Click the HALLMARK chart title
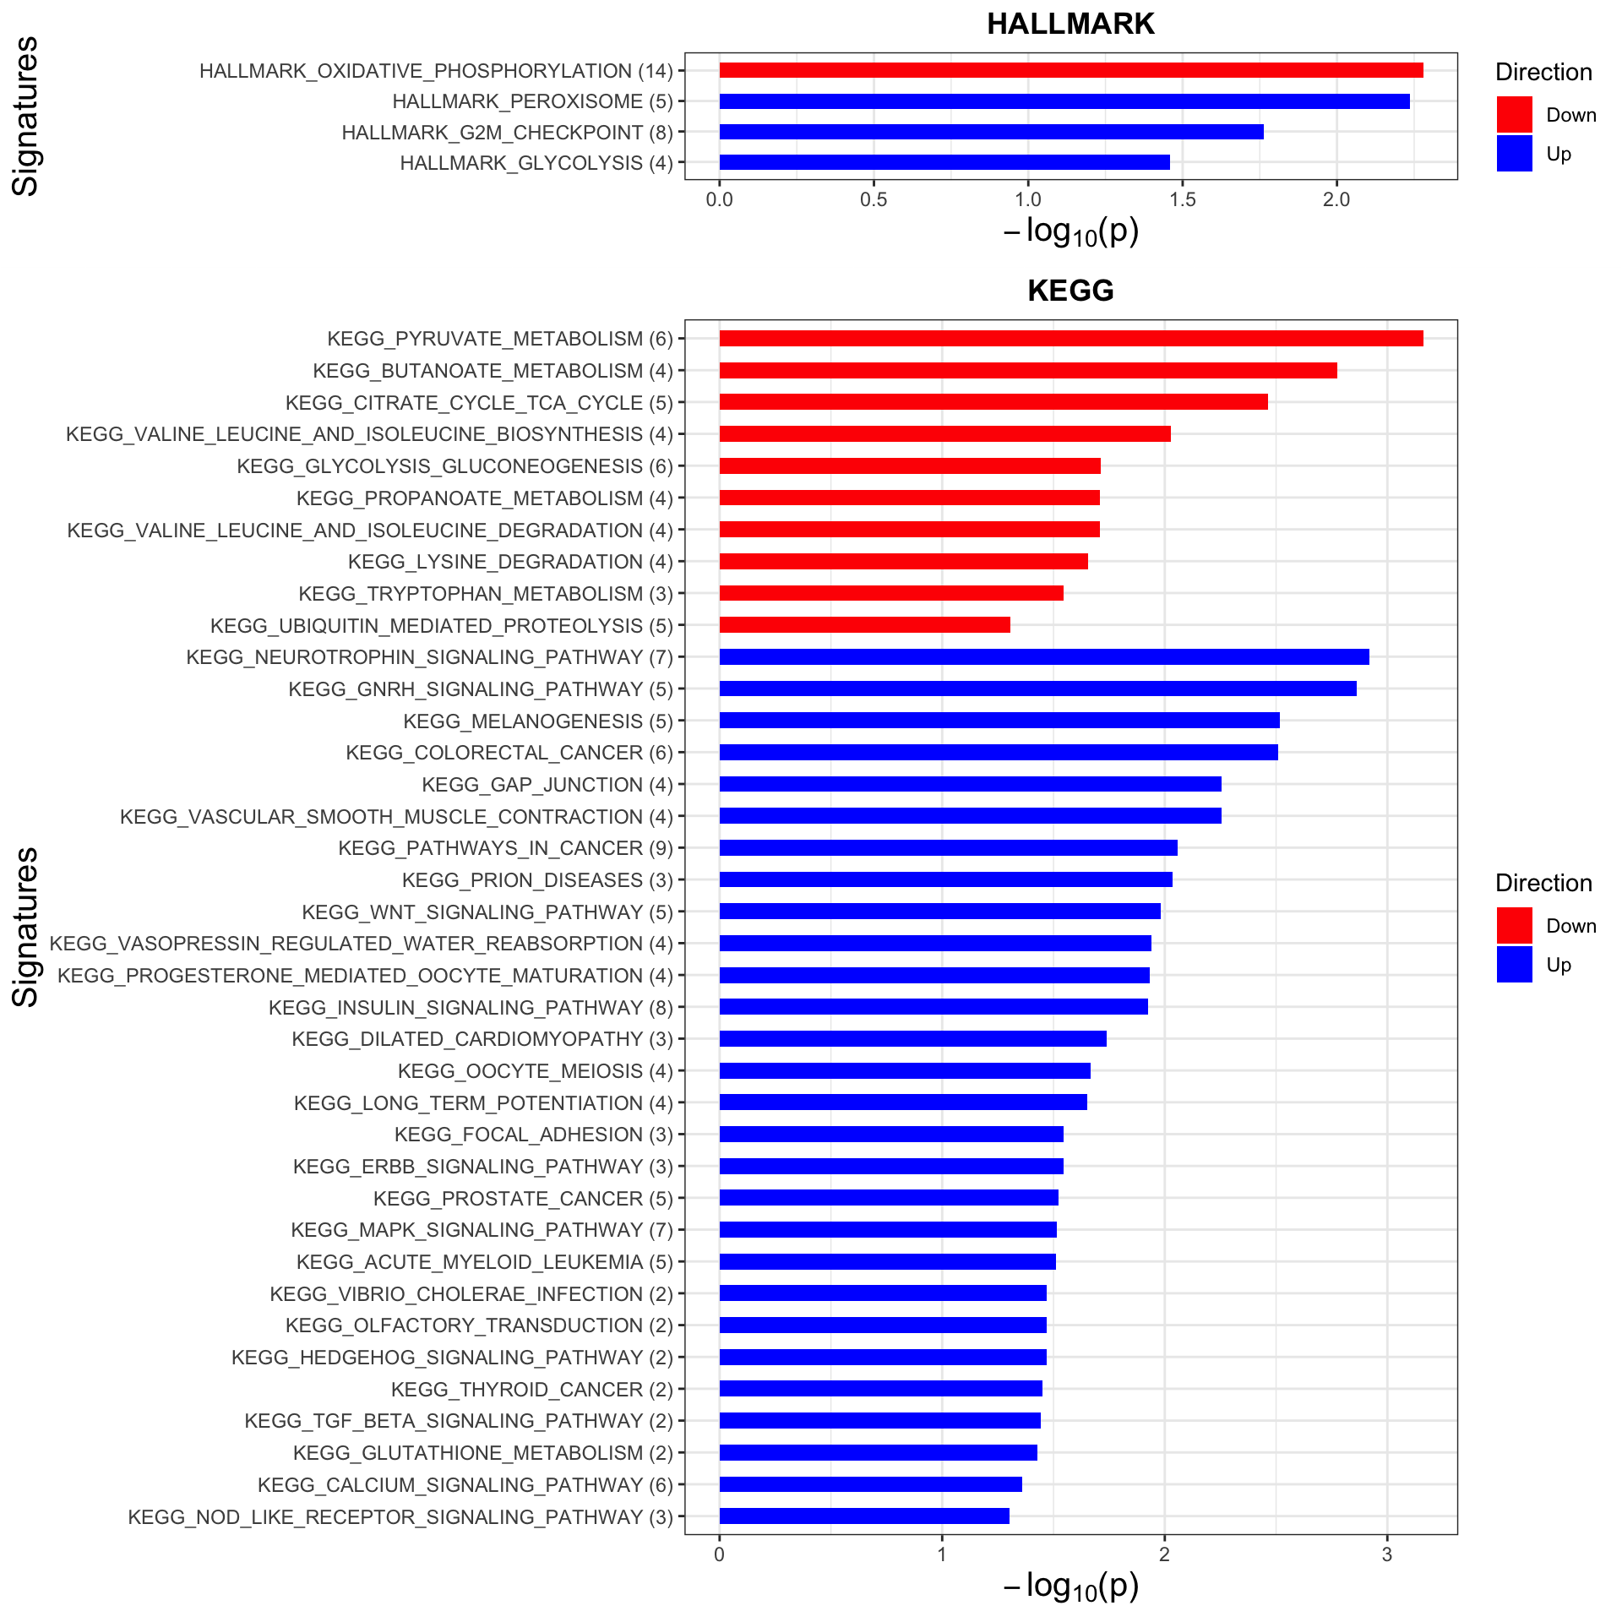pyautogui.click(x=1070, y=24)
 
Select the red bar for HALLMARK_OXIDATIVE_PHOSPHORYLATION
pyautogui.click(x=1070, y=70)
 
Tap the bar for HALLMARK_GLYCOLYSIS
pyautogui.click(x=944, y=162)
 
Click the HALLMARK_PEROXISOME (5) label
pyautogui.click(x=532, y=101)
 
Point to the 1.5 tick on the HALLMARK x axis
pyautogui.click(x=1183, y=199)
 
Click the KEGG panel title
pyautogui.click(x=1070, y=291)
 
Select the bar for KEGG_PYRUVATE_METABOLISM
pyautogui.click(x=1070, y=339)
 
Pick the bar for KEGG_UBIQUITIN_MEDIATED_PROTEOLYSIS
pyautogui.click(x=864, y=625)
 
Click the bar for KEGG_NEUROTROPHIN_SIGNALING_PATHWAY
pyautogui.click(x=1043, y=657)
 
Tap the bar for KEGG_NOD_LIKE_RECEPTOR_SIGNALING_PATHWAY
pyautogui.click(x=863, y=1516)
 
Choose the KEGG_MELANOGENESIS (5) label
pyautogui.click(x=538, y=721)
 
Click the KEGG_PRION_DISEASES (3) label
pyautogui.click(x=537, y=880)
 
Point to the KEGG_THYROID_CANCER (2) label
pyautogui.click(x=532, y=1390)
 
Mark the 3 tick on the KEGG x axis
pyautogui.click(x=1387, y=1555)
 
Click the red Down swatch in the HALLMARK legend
pyautogui.click(x=1514, y=115)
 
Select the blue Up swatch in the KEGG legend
pyautogui.click(x=1514, y=965)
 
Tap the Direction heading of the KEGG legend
pyautogui.click(x=1543, y=883)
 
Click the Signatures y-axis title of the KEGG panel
pyautogui.click(x=26, y=927)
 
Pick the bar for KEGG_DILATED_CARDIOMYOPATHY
pyautogui.click(x=912, y=1039)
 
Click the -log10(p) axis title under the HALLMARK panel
pyautogui.click(x=1070, y=231)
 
